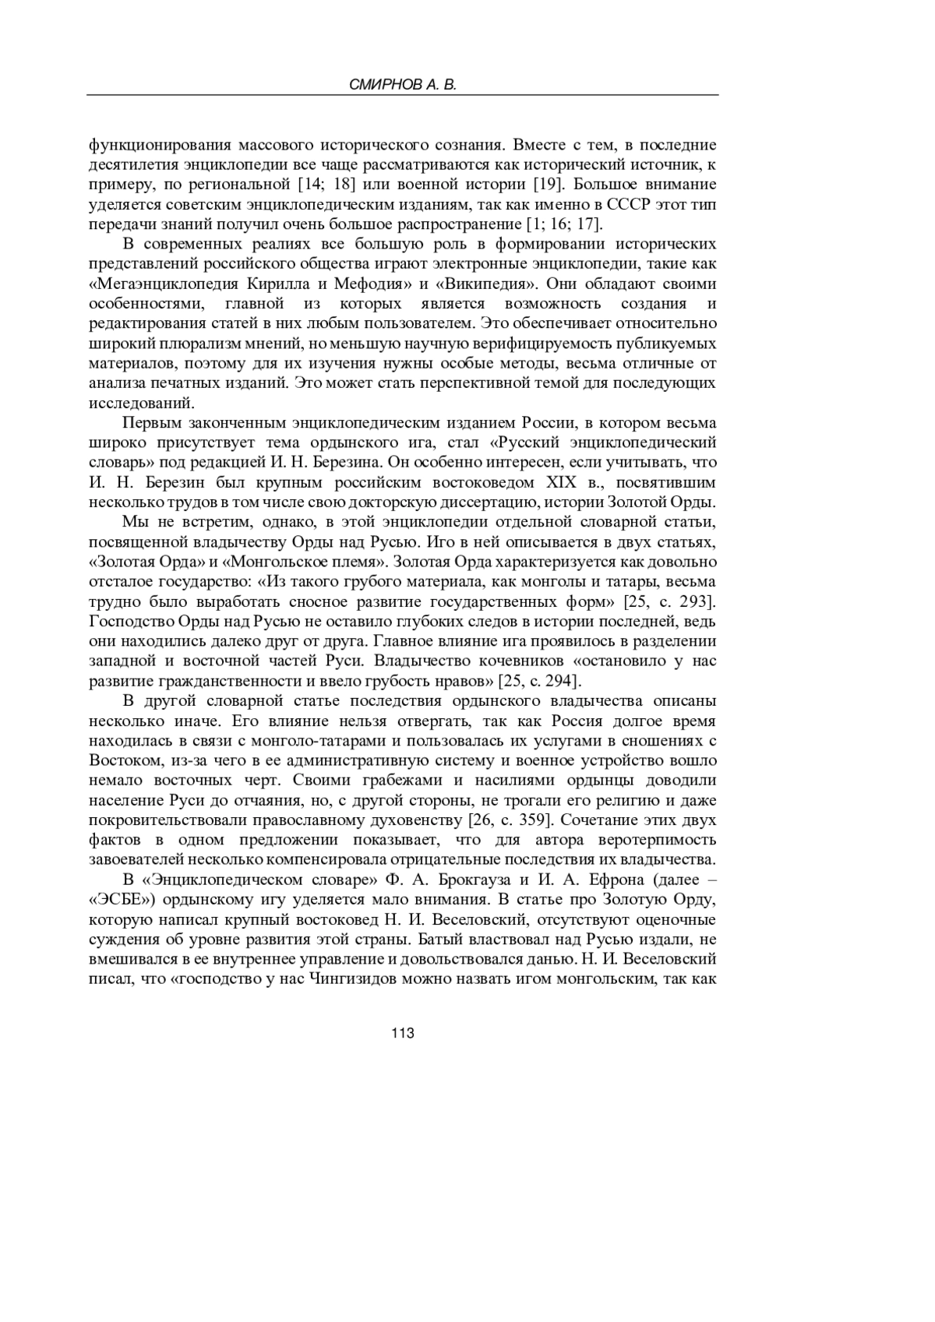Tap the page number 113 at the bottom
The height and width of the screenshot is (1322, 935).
pyautogui.click(x=402, y=1033)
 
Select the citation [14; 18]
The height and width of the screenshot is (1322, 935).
pyautogui.click(x=322, y=185)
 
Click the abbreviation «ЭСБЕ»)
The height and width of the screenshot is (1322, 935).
pyautogui.click(x=126, y=900)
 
